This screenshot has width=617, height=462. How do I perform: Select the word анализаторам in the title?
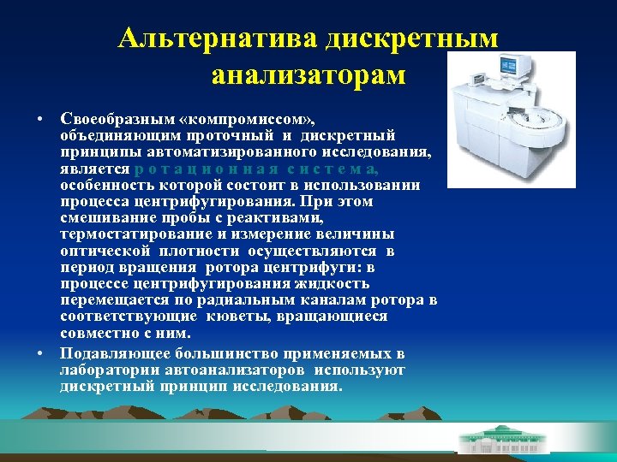coord(308,74)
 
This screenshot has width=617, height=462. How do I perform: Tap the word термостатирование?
coord(131,234)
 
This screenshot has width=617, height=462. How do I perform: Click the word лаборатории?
coord(112,370)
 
